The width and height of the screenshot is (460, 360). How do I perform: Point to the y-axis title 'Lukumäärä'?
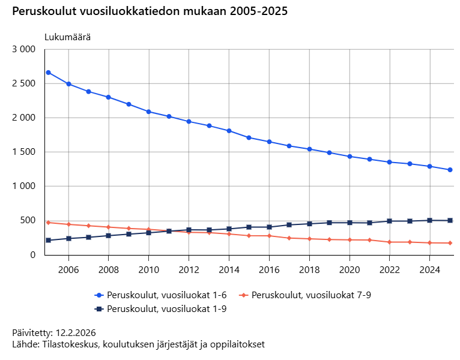coord(67,37)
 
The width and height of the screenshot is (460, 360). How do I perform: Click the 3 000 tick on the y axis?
coord(25,49)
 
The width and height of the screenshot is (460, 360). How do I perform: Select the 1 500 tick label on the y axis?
coord(25,152)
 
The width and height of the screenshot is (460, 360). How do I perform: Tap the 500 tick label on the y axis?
coord(29,221)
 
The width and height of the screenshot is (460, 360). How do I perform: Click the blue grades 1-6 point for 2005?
coord(48,73)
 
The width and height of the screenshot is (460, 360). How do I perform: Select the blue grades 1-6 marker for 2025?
coord(450,170)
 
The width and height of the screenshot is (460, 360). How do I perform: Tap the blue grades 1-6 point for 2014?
coord(229,131)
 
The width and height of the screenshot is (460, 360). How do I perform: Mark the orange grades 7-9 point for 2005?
coord(48,223)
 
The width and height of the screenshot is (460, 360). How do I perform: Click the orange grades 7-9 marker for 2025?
coord(450,243)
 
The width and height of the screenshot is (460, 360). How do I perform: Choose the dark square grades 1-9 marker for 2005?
coord(48,240)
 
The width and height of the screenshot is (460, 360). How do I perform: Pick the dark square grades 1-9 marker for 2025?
coord(450,220)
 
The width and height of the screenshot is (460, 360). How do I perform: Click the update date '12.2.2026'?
coord(76,333)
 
